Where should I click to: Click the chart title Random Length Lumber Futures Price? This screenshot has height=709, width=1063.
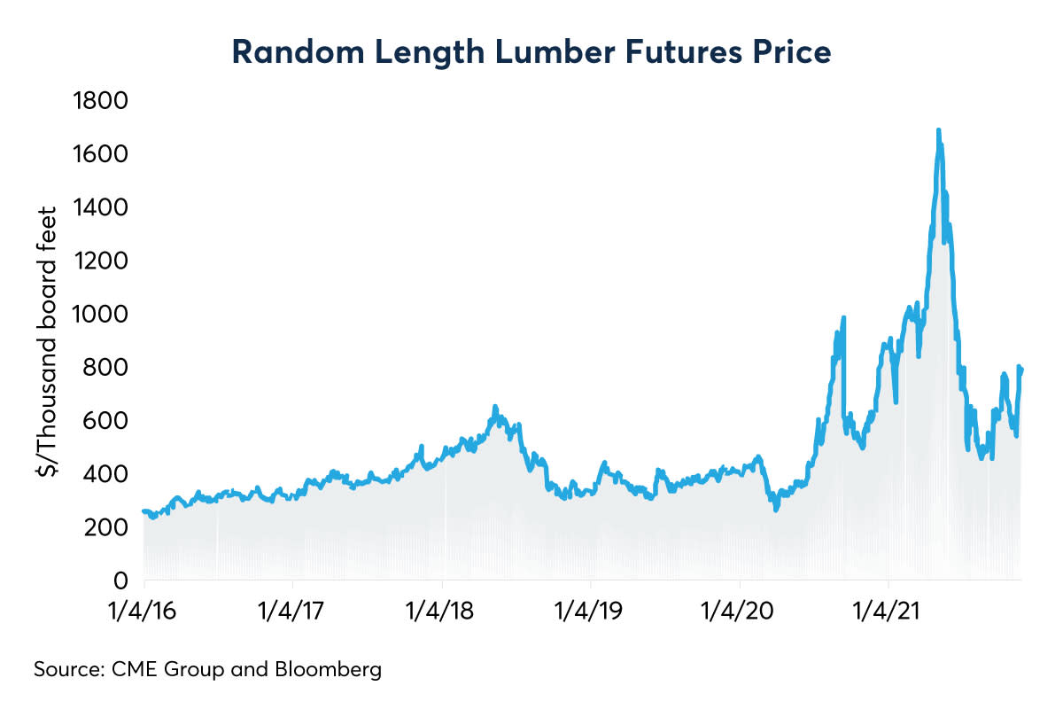point(531,52)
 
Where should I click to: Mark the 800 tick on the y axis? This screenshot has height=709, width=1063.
point(113,367)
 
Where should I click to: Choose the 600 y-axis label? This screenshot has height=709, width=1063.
point(113,420)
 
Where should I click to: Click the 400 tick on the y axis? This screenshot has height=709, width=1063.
point(113,474)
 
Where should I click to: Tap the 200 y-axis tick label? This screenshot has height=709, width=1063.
point(113,527)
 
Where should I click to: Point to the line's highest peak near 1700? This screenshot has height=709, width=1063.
point(938,130)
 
